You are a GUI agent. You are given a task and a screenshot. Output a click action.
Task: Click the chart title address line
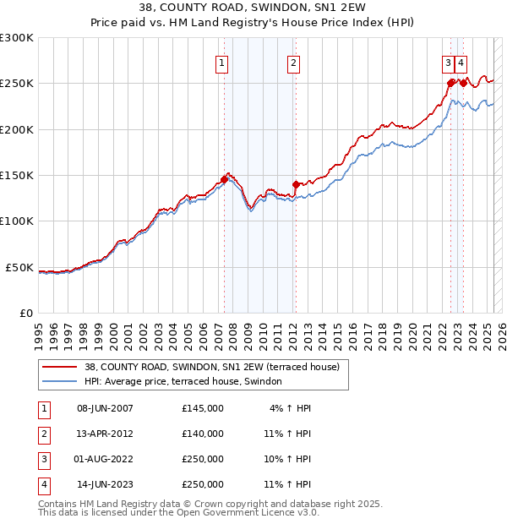click(253, 10)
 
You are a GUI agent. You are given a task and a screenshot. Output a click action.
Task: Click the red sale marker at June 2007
click(224, 179)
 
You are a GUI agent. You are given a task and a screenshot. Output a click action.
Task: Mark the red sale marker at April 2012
click(296, 184)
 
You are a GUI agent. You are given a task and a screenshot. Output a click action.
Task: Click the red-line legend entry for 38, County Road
click(211, 368)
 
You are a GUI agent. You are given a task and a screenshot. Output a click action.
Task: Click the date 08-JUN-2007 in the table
click(105, 408)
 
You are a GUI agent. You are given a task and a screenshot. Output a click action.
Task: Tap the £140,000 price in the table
click(203, 434)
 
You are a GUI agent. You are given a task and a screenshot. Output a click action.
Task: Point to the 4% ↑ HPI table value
click(290, 408)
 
